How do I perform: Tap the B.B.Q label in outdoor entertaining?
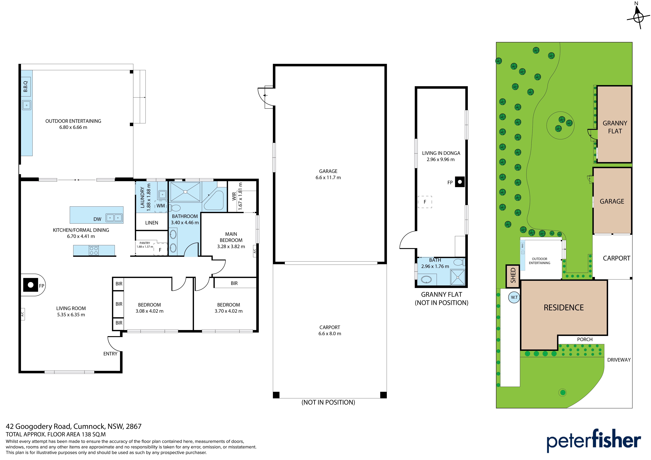click(x=26, y=86)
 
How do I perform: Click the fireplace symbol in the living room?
click(x=31, y=285)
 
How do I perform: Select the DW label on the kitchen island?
click(x=97, y=219)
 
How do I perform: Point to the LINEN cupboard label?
click(x=152, y=223)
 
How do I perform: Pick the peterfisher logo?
click(x=594, y=440)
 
